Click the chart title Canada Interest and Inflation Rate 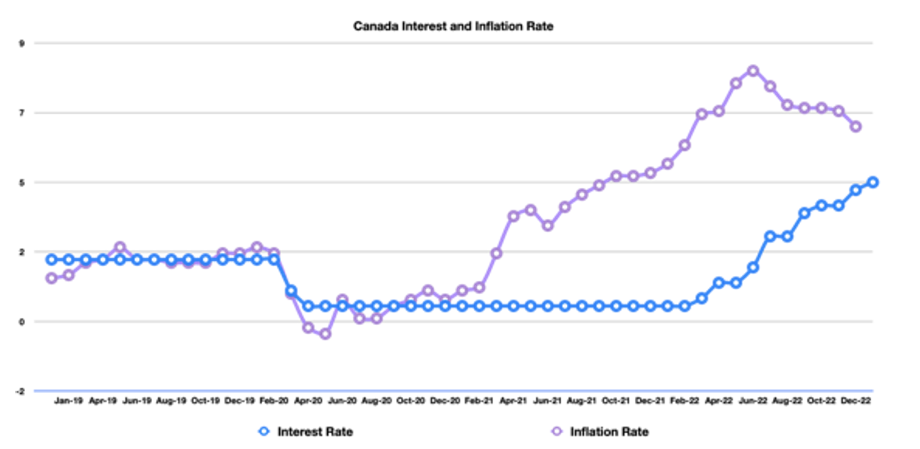tap(453, 26)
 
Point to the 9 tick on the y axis tap(22, 44)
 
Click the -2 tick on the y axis tap(20, 391)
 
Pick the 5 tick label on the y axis tap(22, 183)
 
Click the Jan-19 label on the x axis tap(68, 400)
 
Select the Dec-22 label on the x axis tap(856, 400)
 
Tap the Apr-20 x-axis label tap(308, 400)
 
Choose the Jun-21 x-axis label tap(547, 400)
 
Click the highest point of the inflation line tap(753, 71)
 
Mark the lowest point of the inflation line tap(325, 334)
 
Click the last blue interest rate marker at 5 tap(873, 182)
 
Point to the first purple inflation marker tap(51, 278)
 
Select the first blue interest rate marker tap(51, 260)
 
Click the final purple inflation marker tap(856, 127)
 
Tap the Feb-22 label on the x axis tap(684, 400)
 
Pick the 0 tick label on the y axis tap(22, 322)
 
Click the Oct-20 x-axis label tap(410, 400)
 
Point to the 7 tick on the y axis tap(22, 113)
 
